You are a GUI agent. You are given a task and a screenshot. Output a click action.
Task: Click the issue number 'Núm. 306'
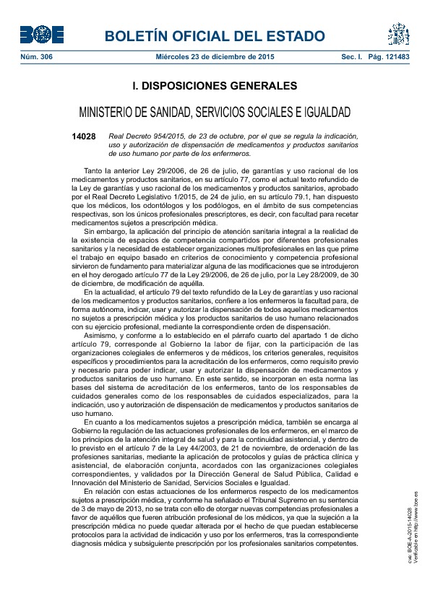pos(36,56)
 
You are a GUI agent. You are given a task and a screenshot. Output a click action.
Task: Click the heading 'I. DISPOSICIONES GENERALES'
pos(215,86)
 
